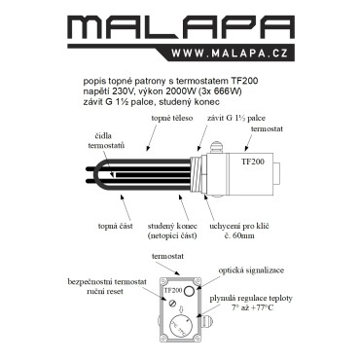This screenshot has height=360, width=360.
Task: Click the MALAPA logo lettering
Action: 182,27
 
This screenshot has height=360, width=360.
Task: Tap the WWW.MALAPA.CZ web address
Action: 230,54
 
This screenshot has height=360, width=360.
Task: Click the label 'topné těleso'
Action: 172,118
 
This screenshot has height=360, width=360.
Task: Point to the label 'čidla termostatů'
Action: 106,141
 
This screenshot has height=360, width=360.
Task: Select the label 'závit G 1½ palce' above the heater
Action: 236,118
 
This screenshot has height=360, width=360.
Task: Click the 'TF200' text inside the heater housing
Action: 253,162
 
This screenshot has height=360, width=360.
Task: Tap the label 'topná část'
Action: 115,226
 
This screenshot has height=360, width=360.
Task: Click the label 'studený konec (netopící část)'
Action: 172,231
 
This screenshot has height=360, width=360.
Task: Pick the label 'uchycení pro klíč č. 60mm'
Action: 239,231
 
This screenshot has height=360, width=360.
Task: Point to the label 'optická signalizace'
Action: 251,270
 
